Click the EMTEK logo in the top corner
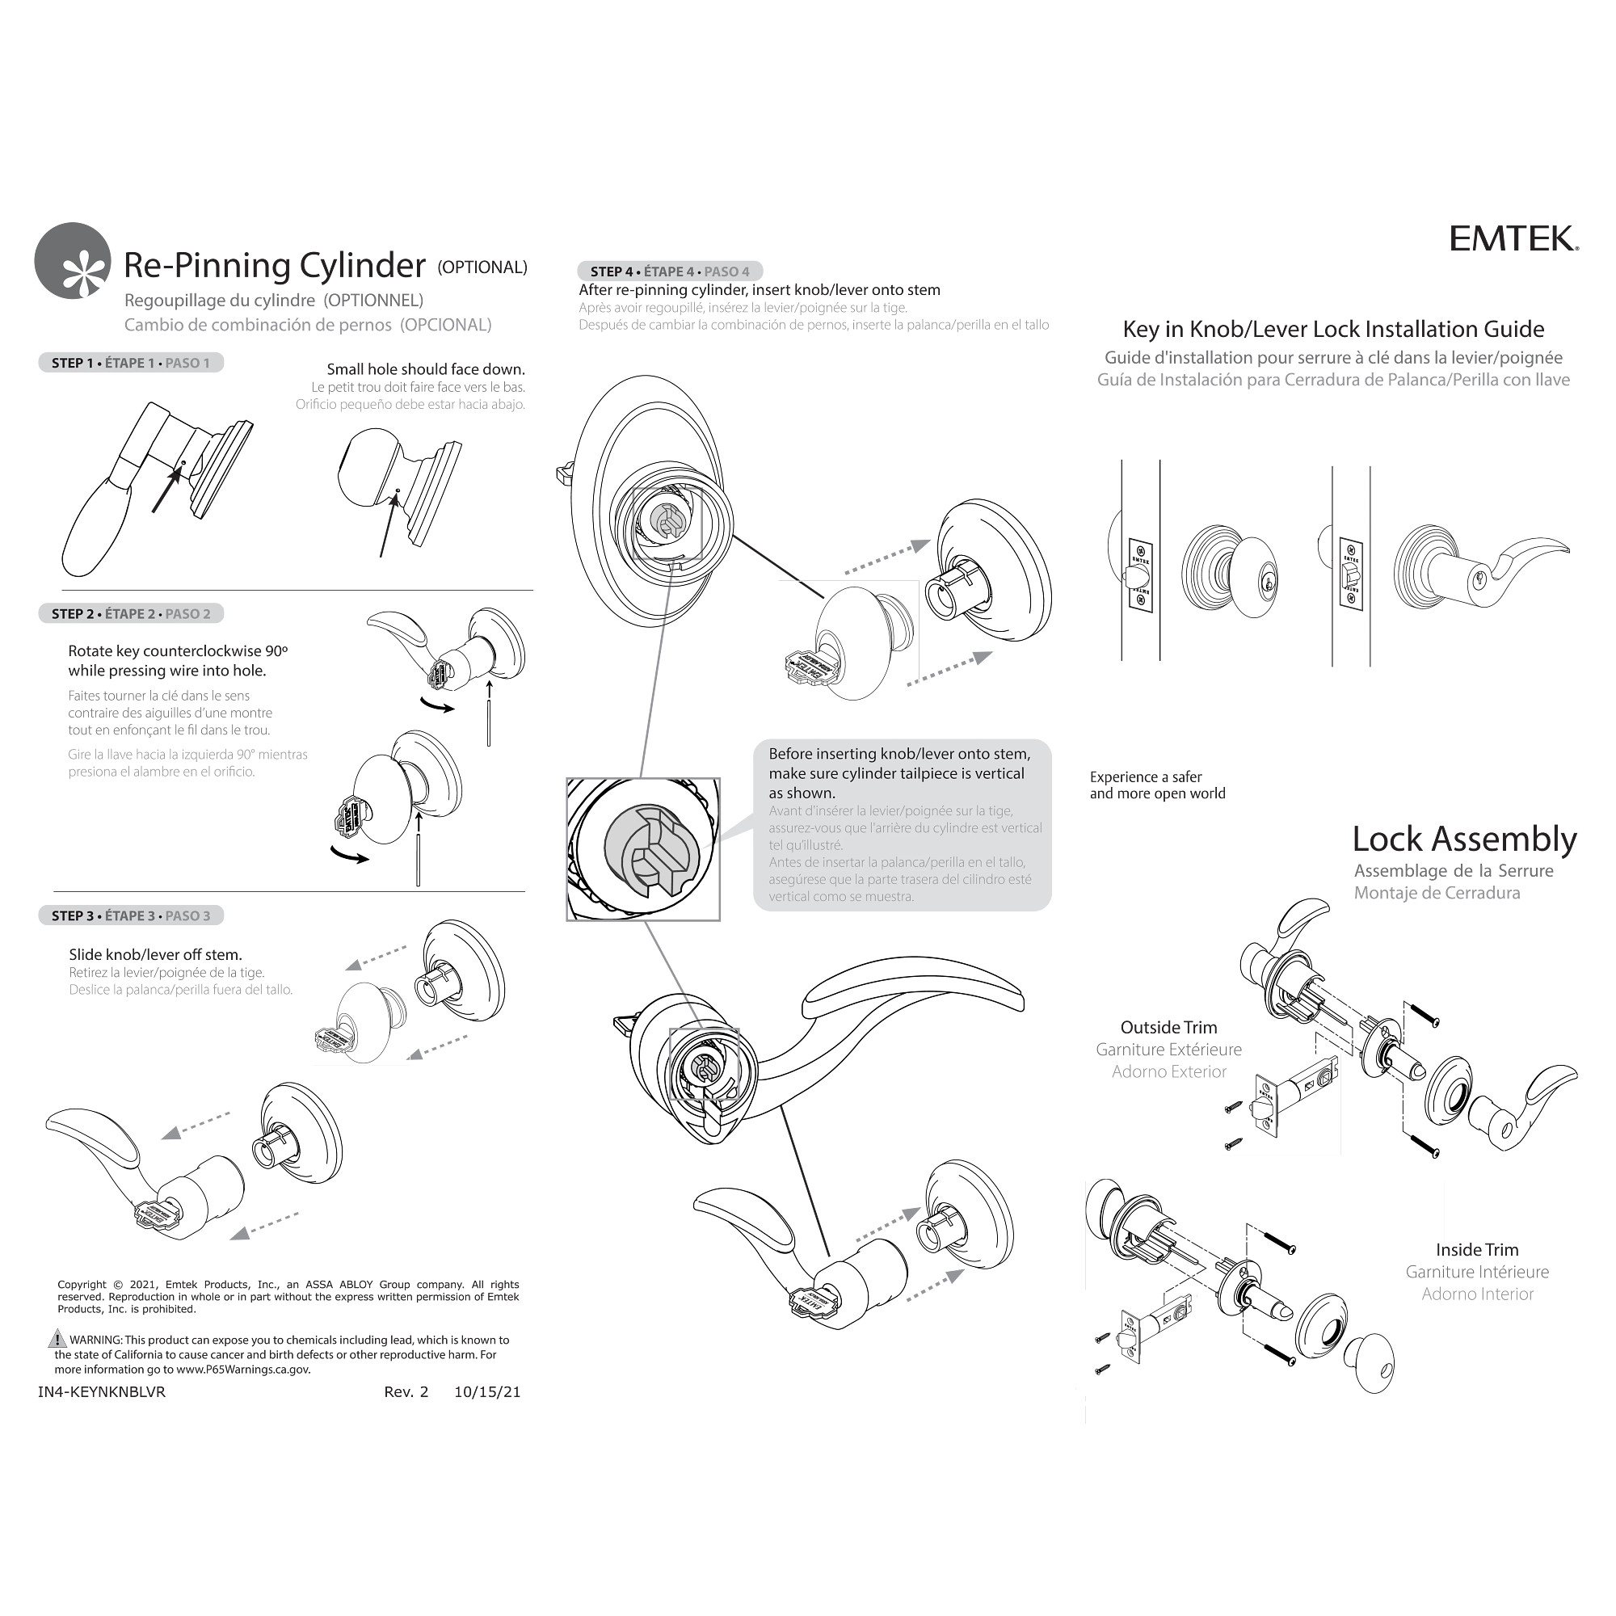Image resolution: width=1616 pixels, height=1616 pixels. (x=1513, y=239)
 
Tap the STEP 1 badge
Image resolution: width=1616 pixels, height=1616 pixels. (x=130, y=363)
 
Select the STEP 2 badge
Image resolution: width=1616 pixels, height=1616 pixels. (x=130, y=614)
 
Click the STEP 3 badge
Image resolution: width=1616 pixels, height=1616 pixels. (x=130, y=916)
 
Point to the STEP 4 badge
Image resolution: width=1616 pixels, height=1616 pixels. (x=669, y=271)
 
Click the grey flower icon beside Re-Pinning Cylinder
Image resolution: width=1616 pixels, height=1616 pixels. (x=73, y=261)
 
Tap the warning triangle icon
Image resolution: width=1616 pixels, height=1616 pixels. (x=57, y=1338)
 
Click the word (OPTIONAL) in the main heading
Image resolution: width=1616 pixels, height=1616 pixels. (x=482, y=267)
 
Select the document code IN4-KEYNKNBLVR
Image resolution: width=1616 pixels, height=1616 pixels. (x=101, y=1392)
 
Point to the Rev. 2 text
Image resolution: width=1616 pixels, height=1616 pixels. (x=406, y=1392)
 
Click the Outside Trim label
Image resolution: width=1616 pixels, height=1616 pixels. (x=1168, y=1028)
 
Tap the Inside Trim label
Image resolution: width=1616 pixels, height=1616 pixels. (x=1476, y=1250)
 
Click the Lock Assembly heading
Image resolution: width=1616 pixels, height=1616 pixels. (x=1464, y=839)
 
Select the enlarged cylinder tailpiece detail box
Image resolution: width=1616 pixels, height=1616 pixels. (x=642, y=849)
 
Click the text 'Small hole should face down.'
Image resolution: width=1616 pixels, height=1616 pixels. (x=425, y=370)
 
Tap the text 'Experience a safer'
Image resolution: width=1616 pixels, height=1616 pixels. (x=1145, y=777)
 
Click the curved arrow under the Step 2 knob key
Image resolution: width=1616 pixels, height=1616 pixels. (x=350, y=855)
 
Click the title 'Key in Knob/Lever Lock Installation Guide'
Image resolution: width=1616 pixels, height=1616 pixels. (x=1332, y=330)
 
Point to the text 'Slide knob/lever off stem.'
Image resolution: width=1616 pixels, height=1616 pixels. (x=155, y=954)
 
